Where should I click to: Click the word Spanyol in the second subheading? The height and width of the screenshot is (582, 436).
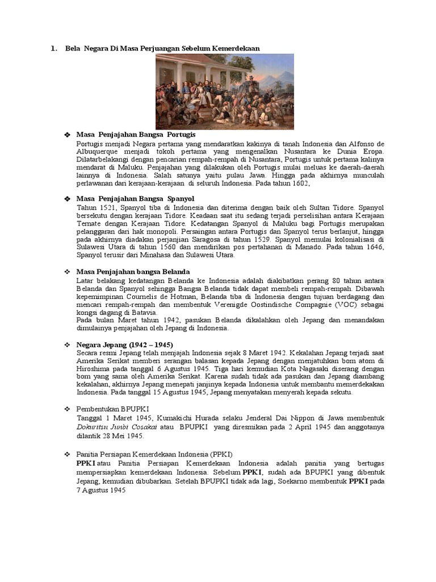180,199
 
